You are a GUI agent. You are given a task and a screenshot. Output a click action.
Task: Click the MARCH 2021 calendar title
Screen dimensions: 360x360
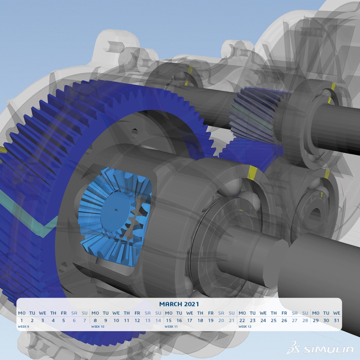[179, 304]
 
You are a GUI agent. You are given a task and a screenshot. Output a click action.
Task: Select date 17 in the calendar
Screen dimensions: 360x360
[190, 320]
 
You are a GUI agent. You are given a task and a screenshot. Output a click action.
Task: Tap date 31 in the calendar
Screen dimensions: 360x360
[337, 320]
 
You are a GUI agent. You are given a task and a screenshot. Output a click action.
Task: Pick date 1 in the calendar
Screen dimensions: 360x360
[22, 320]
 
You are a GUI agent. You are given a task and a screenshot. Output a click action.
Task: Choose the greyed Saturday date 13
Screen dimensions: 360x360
[148, 320]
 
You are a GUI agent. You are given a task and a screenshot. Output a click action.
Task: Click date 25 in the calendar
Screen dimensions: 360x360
[274, 320]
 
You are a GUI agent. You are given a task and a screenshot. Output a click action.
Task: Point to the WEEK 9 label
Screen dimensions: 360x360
[23, 327]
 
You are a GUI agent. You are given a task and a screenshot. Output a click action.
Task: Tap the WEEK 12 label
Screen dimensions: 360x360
[245, 327]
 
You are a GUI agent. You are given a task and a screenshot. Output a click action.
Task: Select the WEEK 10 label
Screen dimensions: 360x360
[98, 327]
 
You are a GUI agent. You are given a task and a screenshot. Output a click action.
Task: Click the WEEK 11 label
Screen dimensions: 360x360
[171, 327]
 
